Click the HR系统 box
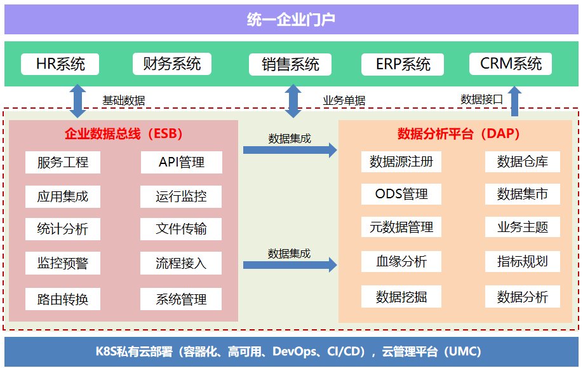60,64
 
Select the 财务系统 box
172,64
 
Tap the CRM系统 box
511,64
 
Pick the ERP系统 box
403,64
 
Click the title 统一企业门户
291,19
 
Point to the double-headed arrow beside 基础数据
77,101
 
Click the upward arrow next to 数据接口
514,101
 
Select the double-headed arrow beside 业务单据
293,101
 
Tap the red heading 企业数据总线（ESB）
124,133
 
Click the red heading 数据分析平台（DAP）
459,133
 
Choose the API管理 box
182,162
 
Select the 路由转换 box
63,299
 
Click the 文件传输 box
181,229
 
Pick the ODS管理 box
401,194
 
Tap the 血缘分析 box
401,261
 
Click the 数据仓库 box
523,161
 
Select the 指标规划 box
523,261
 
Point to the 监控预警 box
63,263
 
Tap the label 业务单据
344,100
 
